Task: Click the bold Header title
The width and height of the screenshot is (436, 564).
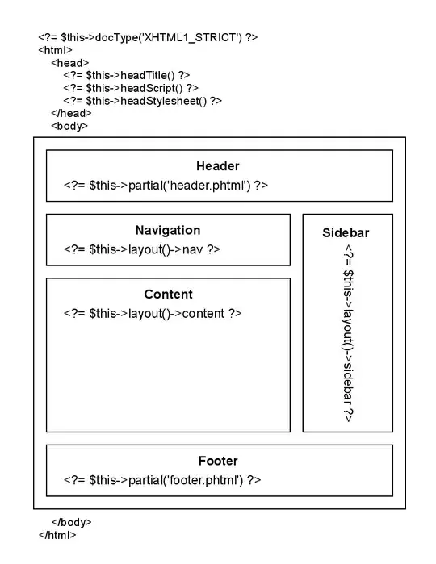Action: tap(217, 166)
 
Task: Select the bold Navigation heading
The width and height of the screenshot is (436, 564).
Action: tap(167, 230)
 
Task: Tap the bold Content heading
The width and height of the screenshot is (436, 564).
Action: tap(168, 295)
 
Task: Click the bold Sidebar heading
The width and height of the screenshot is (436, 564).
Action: tap(346, 232)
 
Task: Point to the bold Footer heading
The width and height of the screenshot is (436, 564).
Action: tap(218, 461)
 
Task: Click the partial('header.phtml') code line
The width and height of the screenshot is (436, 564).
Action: tap(166, 186)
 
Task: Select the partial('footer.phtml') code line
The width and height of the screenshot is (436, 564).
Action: tap(162, 480)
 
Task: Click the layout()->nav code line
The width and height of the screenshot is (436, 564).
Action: tap(142, 249)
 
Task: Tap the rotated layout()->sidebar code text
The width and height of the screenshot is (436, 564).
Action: tap(347, 334)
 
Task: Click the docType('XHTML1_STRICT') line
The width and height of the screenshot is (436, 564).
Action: tap(148, 37)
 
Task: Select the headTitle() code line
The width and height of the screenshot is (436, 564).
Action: tap(127, 75)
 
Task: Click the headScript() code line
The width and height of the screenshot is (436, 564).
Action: tap(131, 88)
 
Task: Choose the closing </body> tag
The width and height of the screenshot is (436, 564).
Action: tap(71, 523)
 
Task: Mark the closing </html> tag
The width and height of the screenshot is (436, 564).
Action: tap(57, 535)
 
